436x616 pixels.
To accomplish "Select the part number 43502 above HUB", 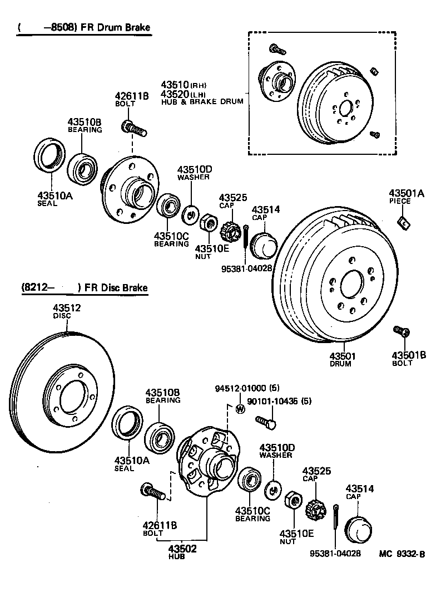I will [x=182, y=548].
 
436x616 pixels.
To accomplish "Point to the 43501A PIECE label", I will [x=406, y=194].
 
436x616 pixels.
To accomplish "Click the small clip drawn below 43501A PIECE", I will [x=404, y=223].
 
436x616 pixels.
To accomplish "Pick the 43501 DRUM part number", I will [x=342, y=355].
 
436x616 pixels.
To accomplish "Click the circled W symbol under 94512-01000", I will [x=240, y=409].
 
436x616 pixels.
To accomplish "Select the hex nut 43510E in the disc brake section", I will [x=292, y=500].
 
